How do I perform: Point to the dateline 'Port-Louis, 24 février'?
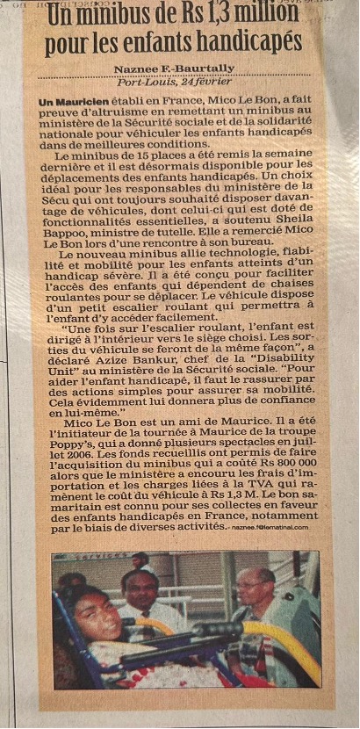pos(176,82)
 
